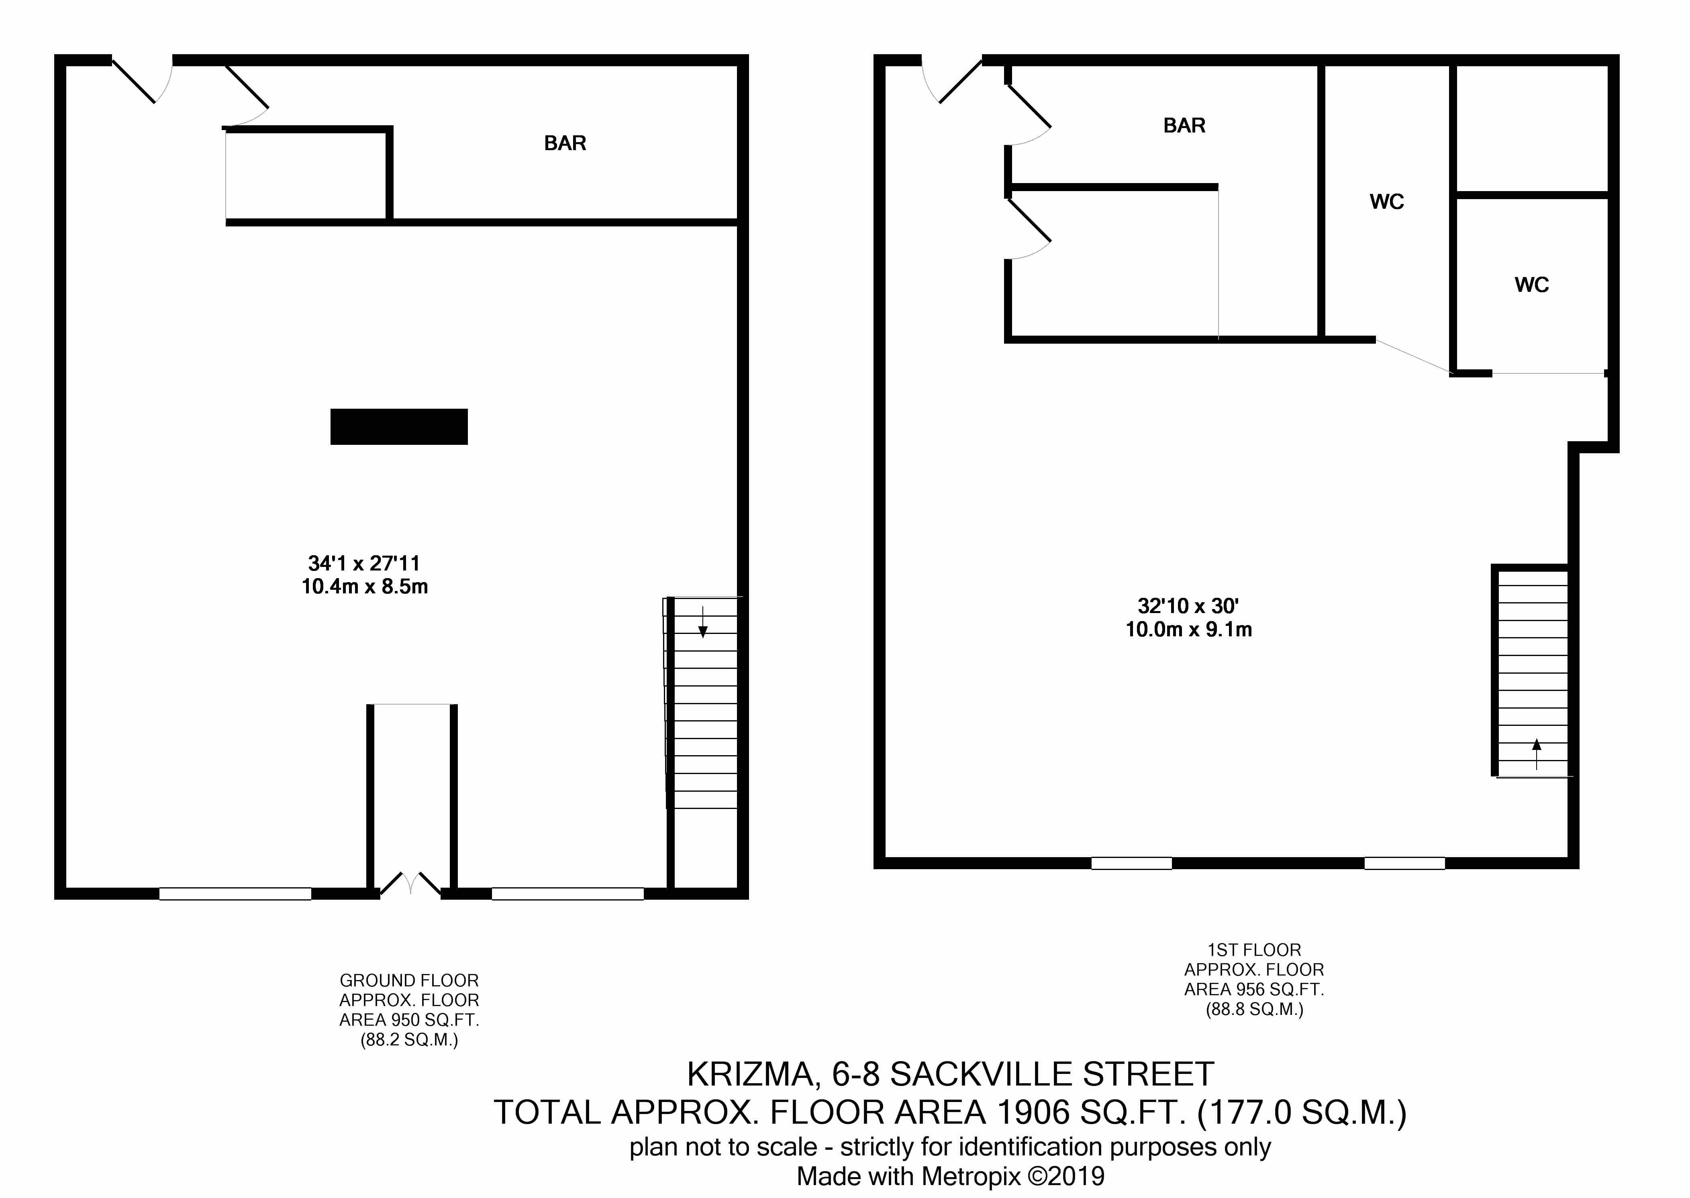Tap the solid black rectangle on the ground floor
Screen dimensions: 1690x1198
[398, 426]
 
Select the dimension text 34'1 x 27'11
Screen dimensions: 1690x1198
[364, 564]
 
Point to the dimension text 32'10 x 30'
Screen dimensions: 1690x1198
[1188, 606]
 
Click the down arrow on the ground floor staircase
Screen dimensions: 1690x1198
[702, 621]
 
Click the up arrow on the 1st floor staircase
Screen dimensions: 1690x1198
[1537, 754]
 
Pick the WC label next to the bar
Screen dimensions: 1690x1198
[1387, 202]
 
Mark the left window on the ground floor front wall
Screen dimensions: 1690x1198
[235, 893]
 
